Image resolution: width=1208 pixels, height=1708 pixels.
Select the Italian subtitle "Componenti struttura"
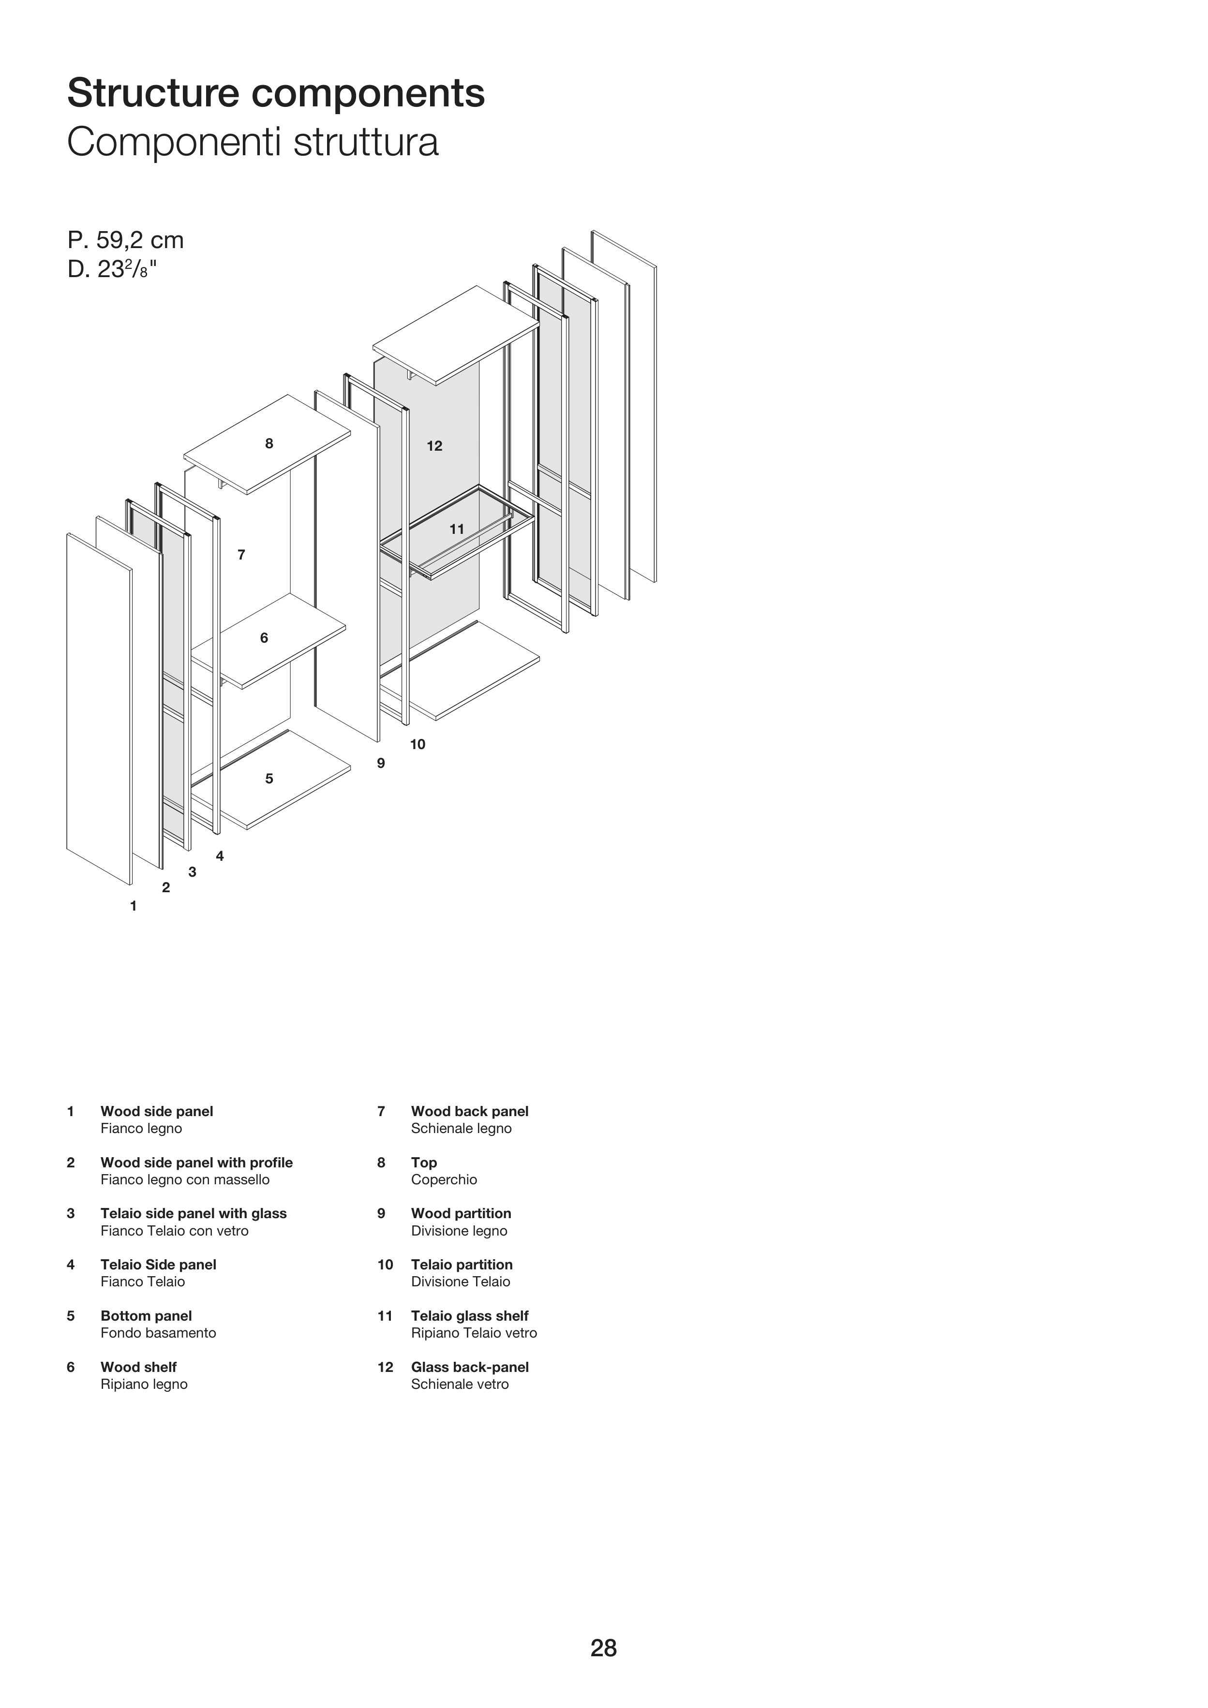click(253, 142)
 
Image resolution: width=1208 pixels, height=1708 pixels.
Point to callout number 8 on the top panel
click(269, 443)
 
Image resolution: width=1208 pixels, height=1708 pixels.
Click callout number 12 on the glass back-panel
click(434, 445)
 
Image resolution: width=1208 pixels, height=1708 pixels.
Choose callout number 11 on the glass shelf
click(457, 529)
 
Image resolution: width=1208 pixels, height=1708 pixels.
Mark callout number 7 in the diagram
click(241, 554)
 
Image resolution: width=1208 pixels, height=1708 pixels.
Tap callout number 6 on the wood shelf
click(264, 637)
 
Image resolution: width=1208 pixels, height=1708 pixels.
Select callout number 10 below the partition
click(418, 744)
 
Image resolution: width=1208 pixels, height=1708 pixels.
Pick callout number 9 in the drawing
click(381, 763)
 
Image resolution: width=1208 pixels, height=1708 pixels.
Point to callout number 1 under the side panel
click(134, 906)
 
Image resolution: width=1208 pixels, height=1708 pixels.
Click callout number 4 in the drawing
click(220, 856)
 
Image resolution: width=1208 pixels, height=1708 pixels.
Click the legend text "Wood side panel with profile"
click(196, 1162)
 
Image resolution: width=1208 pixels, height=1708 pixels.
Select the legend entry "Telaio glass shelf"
click(470, 1315)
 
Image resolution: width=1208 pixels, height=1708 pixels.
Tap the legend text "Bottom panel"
click(146, 1315)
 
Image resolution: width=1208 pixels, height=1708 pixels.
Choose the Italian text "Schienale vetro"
click(460, 1384)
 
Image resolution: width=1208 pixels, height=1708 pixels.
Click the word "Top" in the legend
click(423, 1162)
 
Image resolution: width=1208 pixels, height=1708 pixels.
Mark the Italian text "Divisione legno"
click(459, 1230)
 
